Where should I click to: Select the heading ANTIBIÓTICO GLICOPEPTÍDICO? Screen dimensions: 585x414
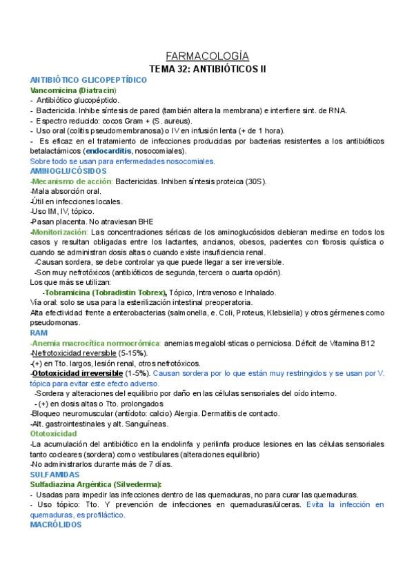(x=89, y=80)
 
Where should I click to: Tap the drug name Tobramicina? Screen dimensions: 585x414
(x=75, y=292)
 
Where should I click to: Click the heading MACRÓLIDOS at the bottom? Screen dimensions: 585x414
(x=57, y=525)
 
